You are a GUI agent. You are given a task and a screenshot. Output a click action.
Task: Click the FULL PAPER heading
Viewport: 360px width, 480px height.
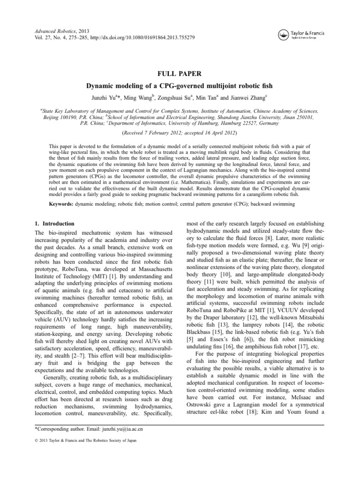pos(180,74)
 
